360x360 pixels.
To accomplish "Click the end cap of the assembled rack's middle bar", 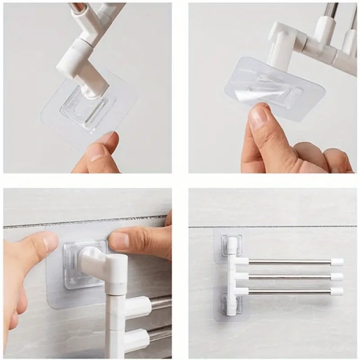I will coord(337,276).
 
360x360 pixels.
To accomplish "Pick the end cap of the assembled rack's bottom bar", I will coord(337,291).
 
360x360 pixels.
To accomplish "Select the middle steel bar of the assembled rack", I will coord(288,276).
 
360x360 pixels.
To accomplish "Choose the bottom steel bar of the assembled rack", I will coord(288,291).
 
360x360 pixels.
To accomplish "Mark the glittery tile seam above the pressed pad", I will coord(90,221).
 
